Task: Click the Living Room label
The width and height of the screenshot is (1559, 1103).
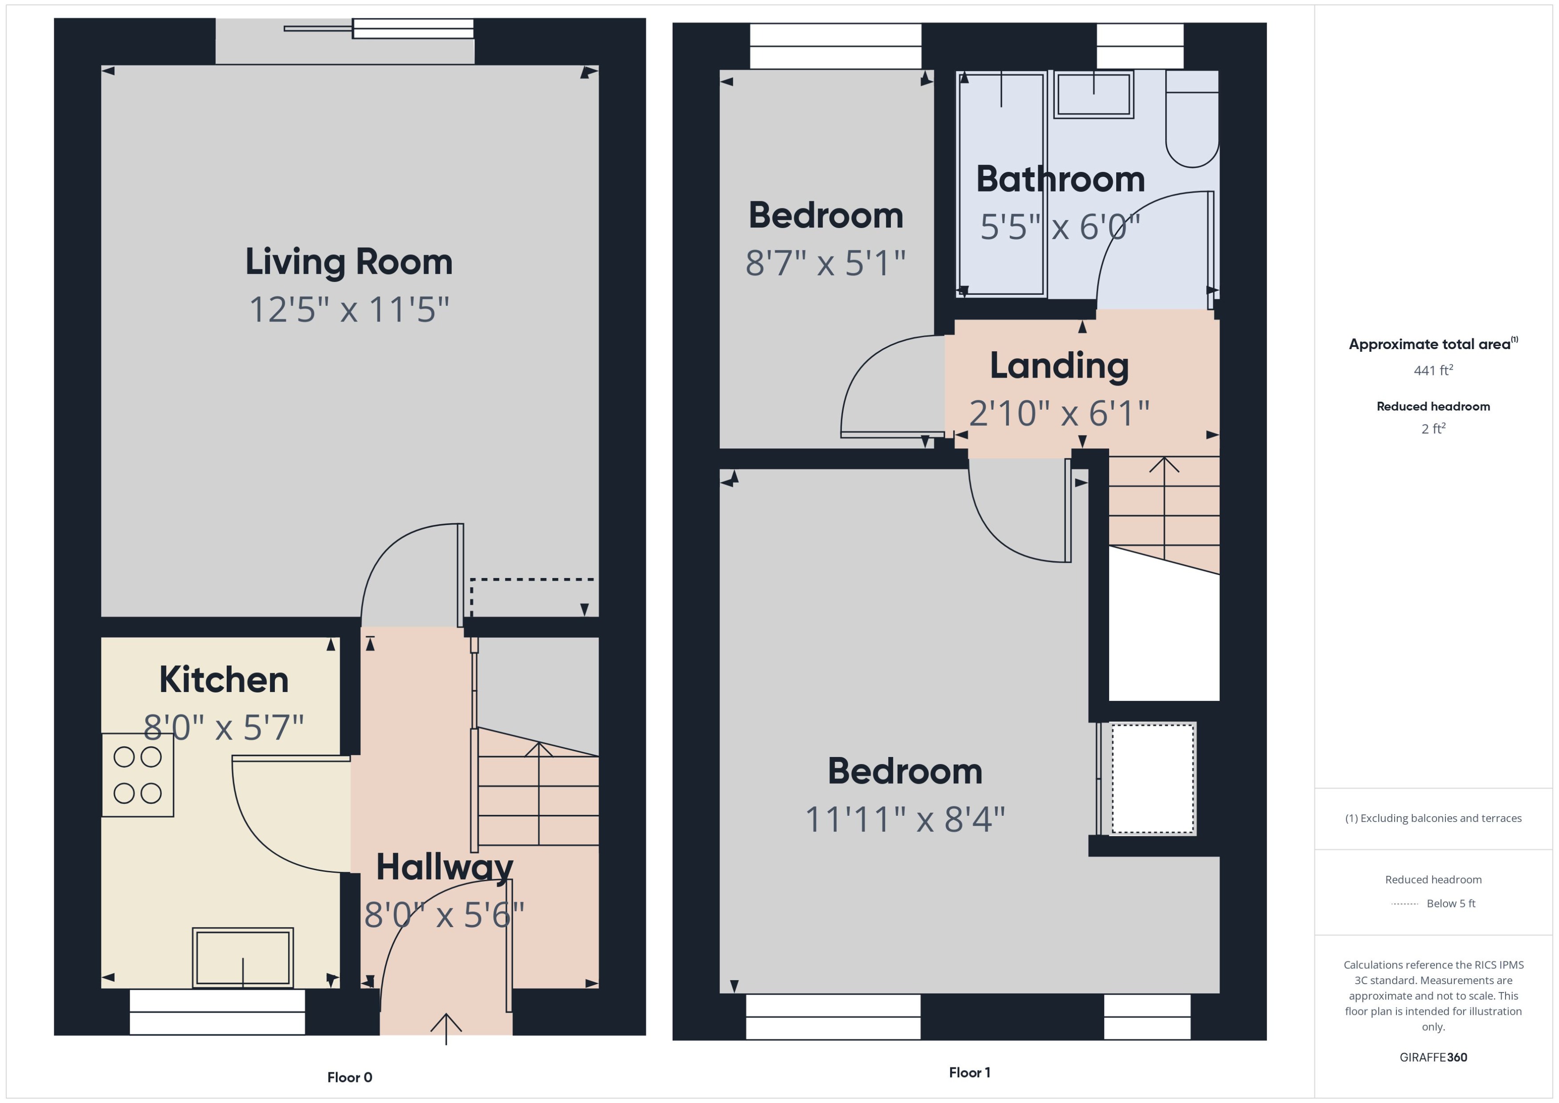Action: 348,262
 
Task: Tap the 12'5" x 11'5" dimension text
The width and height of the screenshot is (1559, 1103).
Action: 348,310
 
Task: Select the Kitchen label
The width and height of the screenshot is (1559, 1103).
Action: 224,680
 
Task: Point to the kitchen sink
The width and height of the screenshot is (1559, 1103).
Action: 242,958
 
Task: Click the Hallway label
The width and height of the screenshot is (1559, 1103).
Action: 444,867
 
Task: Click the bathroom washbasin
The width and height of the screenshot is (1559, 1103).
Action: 1093,94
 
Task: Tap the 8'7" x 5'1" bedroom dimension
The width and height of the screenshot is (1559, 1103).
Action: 825,263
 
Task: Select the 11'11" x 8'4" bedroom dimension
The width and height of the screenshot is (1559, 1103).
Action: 904,819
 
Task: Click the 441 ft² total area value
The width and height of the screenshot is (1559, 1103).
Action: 1432,370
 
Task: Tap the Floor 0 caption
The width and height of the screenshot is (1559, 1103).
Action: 349,1077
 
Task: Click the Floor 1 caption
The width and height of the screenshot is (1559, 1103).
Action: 969,1072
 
